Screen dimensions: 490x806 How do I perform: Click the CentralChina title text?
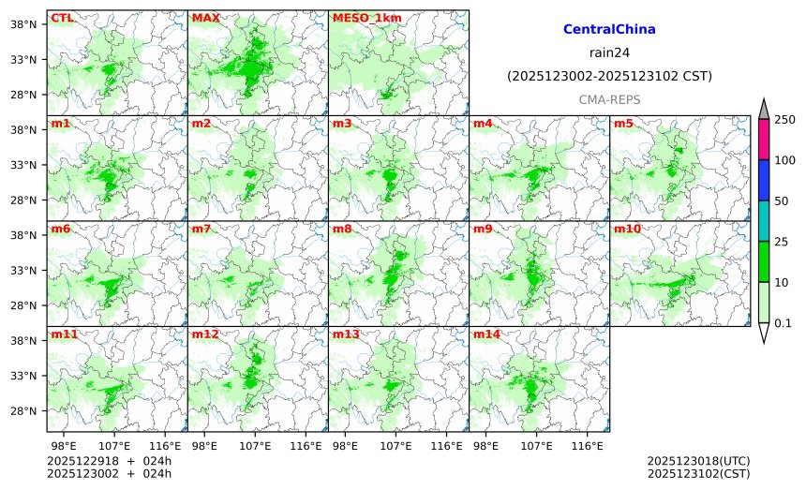click(609, 30)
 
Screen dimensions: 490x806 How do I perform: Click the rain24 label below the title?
click(609, 52)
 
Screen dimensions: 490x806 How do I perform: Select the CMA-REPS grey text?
click(609, 98)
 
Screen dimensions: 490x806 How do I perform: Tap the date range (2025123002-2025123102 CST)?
click(609, 76)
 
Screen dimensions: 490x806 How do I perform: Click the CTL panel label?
click(61, 18)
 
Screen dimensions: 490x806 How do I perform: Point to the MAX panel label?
click(205, 18)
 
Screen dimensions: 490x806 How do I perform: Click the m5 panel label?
click(623, 124)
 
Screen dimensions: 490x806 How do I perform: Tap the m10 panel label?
click(627, 229)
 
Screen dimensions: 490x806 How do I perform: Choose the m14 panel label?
click(486, 334)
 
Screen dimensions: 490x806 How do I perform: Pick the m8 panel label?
click(342, 229)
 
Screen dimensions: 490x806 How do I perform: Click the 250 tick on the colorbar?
click(784, 119)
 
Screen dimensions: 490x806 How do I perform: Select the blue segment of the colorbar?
click(763, 180)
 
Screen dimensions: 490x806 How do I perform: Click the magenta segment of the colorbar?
click(763, 139)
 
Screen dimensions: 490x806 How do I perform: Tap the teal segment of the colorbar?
click(763, 220)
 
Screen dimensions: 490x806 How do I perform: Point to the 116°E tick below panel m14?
click(588, 445)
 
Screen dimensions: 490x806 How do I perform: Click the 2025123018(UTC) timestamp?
click(698, 462)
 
